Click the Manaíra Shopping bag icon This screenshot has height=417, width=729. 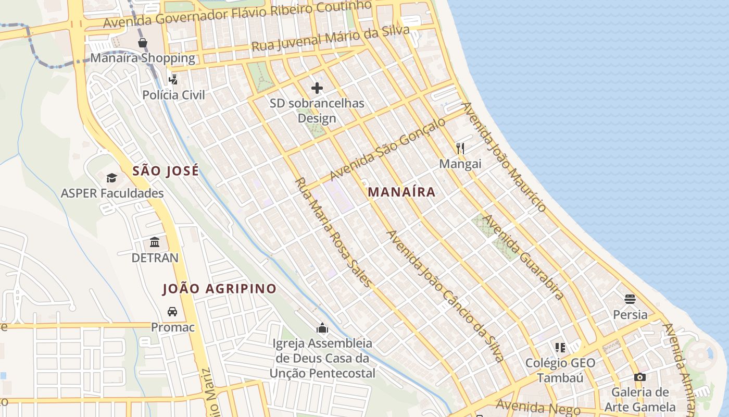point(142,43)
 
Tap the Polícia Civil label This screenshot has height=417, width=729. point(174,95)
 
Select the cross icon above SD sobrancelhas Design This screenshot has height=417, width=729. point(317,88)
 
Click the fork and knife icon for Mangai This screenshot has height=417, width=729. point(460,149)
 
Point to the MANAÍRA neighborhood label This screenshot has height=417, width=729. point(401,192)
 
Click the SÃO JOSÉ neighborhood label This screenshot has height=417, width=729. point(166,171)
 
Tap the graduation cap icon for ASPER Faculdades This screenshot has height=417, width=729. point(112,178)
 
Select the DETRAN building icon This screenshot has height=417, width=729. point(155,242)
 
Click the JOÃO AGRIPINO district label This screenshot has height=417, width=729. point(219,289)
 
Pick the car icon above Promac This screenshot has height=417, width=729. point(172,312)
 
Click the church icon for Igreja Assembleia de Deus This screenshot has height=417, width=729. point(322,328)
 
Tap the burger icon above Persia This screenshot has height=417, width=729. point(630,299)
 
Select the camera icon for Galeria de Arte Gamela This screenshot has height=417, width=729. point(639,377)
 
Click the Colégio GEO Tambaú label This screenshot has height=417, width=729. point(560,370)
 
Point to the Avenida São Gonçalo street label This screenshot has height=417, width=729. point(388,149)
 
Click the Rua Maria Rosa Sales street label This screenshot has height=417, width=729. point(334,232)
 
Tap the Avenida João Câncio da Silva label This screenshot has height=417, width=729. point(445,296)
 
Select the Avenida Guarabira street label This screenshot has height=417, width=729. point(523,257)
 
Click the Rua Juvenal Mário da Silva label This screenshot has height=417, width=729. point(331,39)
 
